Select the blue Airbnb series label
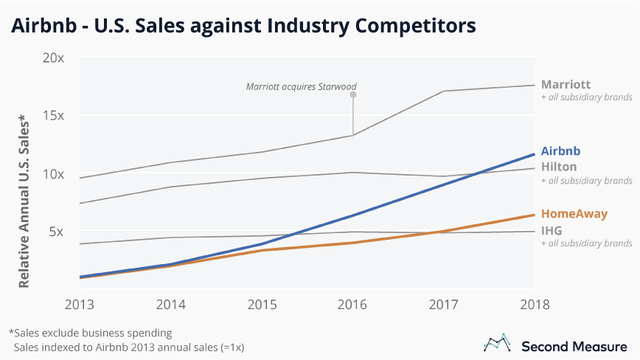(x=560, y=150)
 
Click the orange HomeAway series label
(x=574, y=214)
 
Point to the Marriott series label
(x=566, y=84)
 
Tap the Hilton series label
(x=559, y=167)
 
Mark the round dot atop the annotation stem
(x=352, y=95)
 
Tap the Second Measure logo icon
(x=497, y=343)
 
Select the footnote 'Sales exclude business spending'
(x=90, y=332)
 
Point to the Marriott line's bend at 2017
(x=443, y=91)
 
